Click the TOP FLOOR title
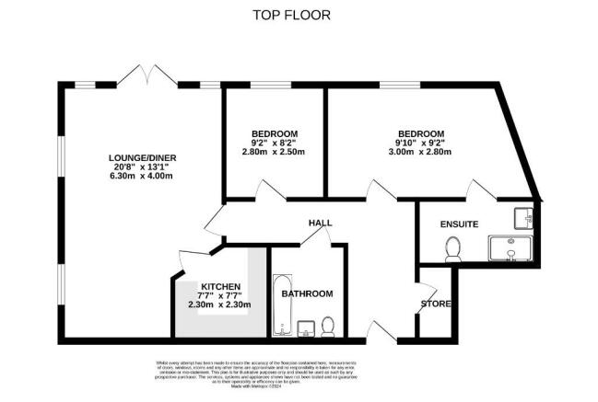pos(291,15)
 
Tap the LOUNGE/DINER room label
pos(141,157)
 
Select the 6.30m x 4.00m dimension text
pos(141,179)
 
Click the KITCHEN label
pos(220,286)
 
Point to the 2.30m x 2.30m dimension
pos(220,304)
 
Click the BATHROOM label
pos(307,293)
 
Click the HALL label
pos(320,223)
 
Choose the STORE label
pos(436,303)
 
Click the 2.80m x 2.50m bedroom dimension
pos(274,153)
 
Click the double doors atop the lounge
pos(147,75)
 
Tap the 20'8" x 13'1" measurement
pos(141,168)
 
